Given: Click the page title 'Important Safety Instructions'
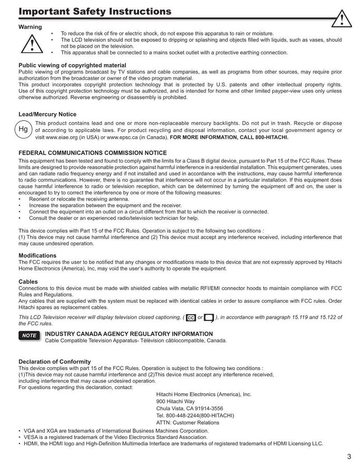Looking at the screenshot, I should click(x=94, y=11).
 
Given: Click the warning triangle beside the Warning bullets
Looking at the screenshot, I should click(x=32, y=44).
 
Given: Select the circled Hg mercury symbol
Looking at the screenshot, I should click(x=23, y=130).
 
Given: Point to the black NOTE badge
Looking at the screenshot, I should click(x=30, y=336).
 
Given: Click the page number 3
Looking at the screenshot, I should click(x=349, y=457).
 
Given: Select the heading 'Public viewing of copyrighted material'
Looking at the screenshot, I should click(x=72, y=65).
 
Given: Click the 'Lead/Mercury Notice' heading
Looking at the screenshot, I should click(x=47, y=114).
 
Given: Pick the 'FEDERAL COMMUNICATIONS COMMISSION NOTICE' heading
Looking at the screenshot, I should click(x=92, y=153).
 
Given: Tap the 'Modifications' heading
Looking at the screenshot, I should click(x=37, y=255).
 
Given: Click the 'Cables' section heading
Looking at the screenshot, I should click(x=28, y=282).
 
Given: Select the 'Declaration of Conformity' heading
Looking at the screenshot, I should click(x=54, y=361).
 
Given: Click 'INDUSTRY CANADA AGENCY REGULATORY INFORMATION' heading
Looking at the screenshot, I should click(x=129, y=334).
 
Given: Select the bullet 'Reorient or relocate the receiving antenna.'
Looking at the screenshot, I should click(x=79, y=199).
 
